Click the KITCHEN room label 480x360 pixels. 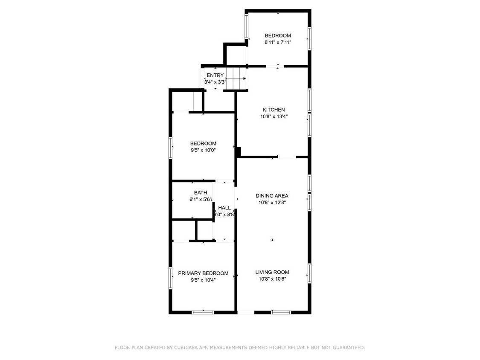click(x=273, y=110)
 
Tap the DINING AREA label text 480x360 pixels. click(x=272, y=196)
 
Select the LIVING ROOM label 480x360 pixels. click(x=272, y=272)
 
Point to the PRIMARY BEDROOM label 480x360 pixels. click(x=203, y=273)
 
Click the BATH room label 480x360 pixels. click(x=201, y=192)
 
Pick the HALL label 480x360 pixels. click(x=224, y=208)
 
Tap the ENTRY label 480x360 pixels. click(x=215, y=75)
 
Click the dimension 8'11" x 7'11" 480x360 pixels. click(x=278, y=42)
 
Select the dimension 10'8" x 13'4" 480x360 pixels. click(x=274, y=116)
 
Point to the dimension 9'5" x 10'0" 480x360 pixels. click(x=203, y=150)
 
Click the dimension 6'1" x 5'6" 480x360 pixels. click(x=201, y=199)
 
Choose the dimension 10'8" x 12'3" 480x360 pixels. click(x=272, y=202)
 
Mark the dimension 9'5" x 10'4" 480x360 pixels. click(x=203, y=280)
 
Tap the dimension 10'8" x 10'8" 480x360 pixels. click(x=272, y=279)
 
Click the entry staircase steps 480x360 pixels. click(x=236, y=78)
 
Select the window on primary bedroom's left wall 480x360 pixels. click(x=171, y=278)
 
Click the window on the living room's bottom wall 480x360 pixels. click(x=281, y=312)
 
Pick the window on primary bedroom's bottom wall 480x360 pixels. click(x=203, y=312)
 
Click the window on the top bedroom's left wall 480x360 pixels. click(x=247, y=26)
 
